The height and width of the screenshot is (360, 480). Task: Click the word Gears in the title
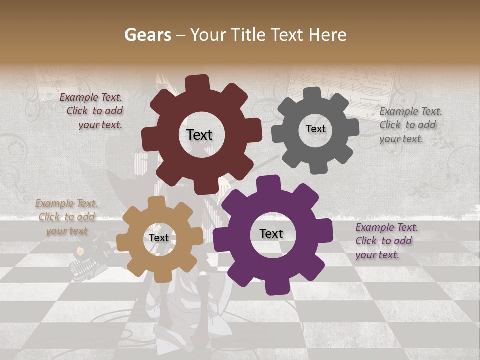click(x=147, y=35)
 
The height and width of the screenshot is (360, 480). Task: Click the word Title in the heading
click(x=249, y=35)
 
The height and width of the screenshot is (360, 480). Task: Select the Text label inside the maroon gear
click(x=199, y=135)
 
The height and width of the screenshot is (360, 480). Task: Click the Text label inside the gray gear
click(x=315, y=129)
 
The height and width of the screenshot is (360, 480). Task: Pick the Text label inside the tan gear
click(x=158, y=238)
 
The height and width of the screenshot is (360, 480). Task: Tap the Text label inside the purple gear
click(x=271, y=233)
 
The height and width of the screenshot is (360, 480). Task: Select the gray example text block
click(x=410, y=125)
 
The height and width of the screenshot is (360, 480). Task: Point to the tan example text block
click(x=66, y=217)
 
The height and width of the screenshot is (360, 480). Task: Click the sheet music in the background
click(x=345, y=90)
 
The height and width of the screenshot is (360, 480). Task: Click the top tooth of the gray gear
click(x=312, y=93)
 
